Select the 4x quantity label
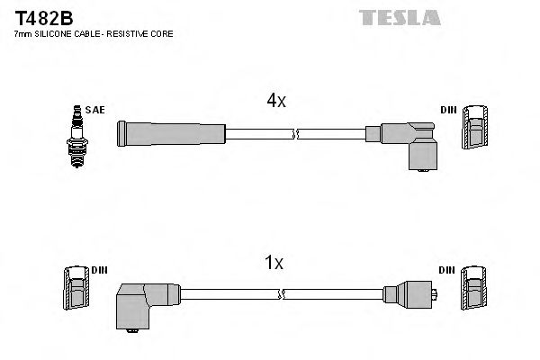pos(275,102)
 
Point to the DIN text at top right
pos(448,110)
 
